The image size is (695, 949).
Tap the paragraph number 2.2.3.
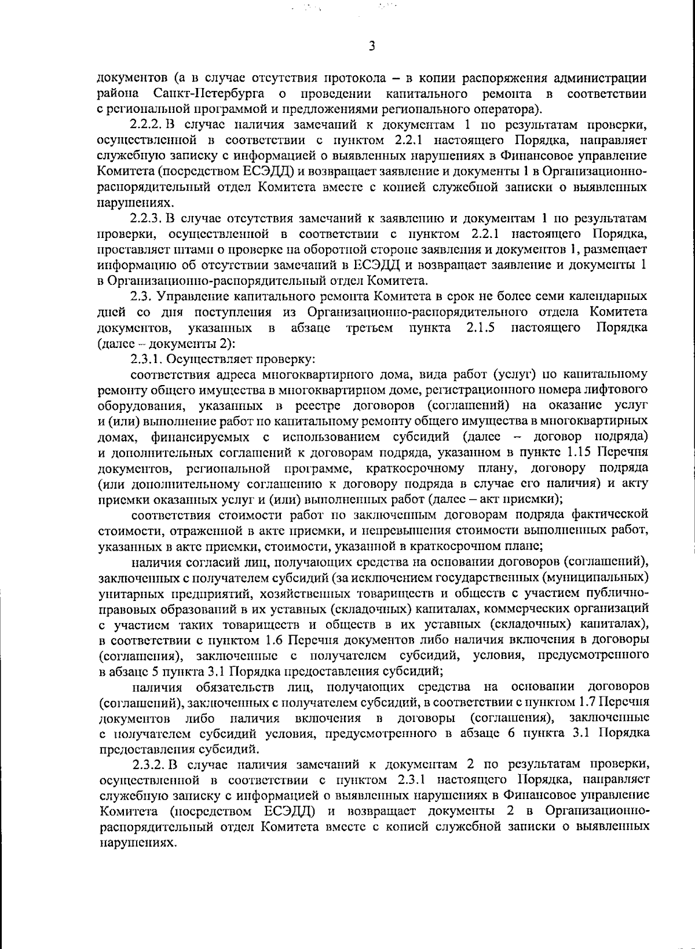(147, 218)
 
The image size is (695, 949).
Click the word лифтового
(621, 390)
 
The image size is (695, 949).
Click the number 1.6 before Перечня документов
(273, 640)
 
